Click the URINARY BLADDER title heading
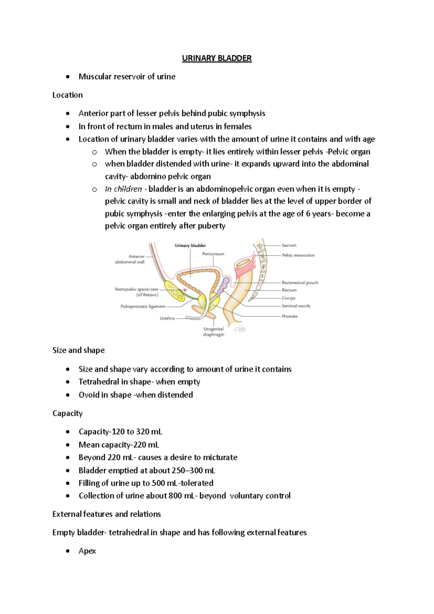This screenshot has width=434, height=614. coord(217,58)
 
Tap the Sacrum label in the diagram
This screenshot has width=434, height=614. coord(289,245)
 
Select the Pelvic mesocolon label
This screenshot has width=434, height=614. coord(298,255)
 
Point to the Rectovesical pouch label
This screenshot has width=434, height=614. coord(300,283)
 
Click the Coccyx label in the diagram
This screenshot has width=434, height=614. coord(289,298)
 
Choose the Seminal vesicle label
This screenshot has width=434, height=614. coord(296,306)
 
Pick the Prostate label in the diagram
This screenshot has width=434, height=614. coord(290,316)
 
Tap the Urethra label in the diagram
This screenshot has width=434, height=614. coord(167,319)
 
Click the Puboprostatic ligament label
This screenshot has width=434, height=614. coord(143,307)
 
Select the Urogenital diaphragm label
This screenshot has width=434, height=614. coord(213,332)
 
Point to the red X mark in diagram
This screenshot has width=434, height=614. coord(185,290)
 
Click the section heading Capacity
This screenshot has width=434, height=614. coord(67,413)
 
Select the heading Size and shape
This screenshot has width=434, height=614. coord(78,350)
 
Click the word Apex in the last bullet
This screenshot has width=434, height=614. coord(87,551)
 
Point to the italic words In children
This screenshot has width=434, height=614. coord(123,189)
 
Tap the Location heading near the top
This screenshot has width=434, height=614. coord(67,95)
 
